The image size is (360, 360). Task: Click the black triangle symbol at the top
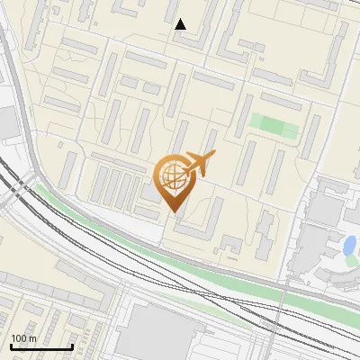(x=181, y=24)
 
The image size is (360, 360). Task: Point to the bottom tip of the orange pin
(x=172, y=211)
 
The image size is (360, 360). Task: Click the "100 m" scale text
(x=23, y=337)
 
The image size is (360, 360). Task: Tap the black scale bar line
(x=41, y=346)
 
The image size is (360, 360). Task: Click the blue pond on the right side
(x=348, y=245)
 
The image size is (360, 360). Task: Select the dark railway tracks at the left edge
(x=13, y=184)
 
